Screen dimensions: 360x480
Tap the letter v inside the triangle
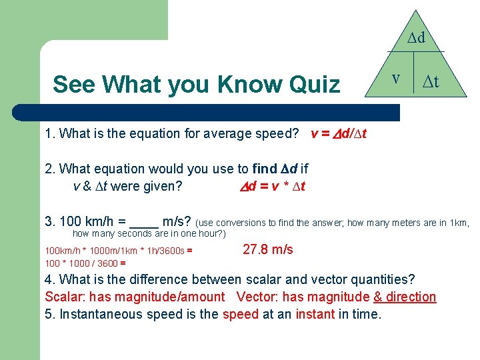[x=395, y=78]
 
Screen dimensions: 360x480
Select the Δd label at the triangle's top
[x=417, y=38]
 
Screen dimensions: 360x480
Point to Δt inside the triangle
[x=431, y=81]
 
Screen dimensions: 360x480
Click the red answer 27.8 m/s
[x=268, y=249]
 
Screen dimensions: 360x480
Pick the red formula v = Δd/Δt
[x=339, y=133]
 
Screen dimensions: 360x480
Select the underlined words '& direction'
[x=405, y=297]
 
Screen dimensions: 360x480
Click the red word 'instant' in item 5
[x=315, y=314]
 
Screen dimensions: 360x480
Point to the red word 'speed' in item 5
[x=241, y=314]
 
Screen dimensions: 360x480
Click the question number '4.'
[x=51, y=279]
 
